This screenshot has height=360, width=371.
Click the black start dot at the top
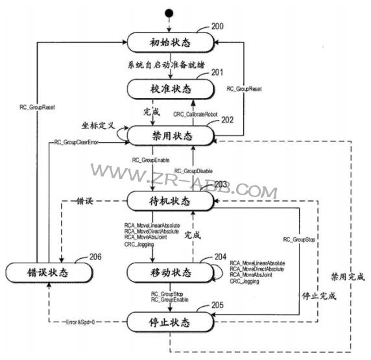[170, 12]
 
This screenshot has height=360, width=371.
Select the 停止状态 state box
[169, 320]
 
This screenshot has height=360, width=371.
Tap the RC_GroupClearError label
[76, 142]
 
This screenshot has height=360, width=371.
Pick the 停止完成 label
[319, 296]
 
